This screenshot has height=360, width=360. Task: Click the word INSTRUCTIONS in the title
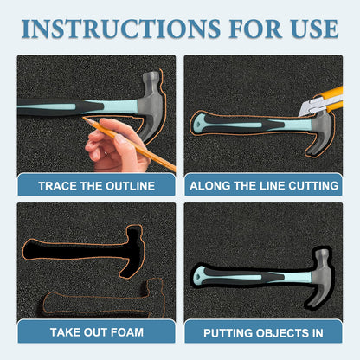click(121, 29)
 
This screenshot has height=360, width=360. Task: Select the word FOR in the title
click(255, 29)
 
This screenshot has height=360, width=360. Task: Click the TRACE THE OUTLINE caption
click(97, 186)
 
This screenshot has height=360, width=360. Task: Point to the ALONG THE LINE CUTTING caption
click(264, 185)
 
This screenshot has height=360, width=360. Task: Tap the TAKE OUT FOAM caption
click(97, 332)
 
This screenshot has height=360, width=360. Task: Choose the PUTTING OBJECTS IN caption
click(263, 333)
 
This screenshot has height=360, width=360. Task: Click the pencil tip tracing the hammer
click(83, 118)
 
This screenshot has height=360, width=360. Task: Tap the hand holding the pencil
click(117, 145)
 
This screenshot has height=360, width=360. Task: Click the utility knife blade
click(309, 107)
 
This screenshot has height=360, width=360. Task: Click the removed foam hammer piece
click(102, 301)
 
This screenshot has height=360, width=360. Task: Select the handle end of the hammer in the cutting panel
click(199, 124)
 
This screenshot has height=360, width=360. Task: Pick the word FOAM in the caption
click(127, 332)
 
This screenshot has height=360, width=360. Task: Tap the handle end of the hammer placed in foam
click(200, 275)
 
